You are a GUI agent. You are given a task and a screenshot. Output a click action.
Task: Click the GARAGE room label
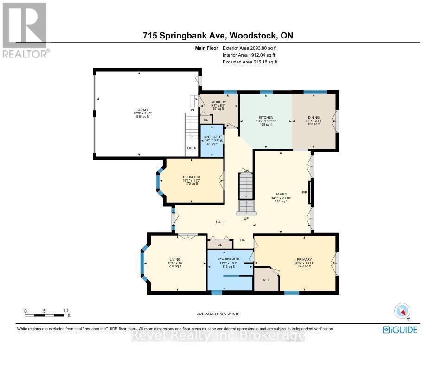pyautogui.click(x=142, y=110)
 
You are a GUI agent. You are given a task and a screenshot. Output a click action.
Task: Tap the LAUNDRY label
pyautogui.click(x=218, y=102)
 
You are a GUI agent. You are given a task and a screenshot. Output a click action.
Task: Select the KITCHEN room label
pyautogui.click(x=266, y=117)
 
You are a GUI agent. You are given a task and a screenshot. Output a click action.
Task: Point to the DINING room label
pyautogui.click(x=314, y=117)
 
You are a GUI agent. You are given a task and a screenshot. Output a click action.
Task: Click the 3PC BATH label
pyautogui.click(x=212, y=137)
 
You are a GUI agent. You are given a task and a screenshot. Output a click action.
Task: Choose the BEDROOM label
pyautogui.click(x=191, y=177)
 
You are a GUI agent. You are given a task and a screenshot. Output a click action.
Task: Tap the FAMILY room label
pyautogui.click(x=281, y=194)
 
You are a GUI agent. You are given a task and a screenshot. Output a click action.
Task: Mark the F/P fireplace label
pyautogui.click(x=305, y=192)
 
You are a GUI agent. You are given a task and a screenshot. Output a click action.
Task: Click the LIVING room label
pyautogui.click(x=175, y=259)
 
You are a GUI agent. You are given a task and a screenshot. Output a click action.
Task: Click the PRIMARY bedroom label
pyautogui.click(x=304, y=259)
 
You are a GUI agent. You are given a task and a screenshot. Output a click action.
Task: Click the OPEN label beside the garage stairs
pyautogui.click(x=192, y=148)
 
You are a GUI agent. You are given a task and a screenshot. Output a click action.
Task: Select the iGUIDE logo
pyautogui.click(x=400, y=330)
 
